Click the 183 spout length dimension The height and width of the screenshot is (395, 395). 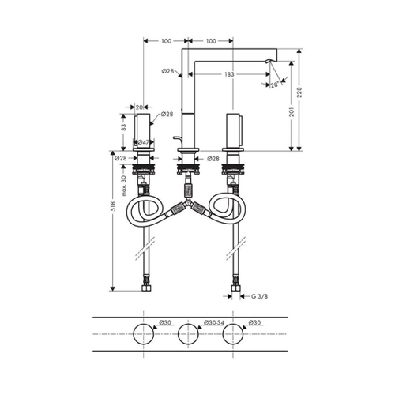[x=229, y=74]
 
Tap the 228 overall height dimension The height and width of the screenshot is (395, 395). [x=299, y=92]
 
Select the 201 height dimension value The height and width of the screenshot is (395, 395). [x=292, y=112]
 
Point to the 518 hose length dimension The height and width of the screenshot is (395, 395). [x=113, y=206]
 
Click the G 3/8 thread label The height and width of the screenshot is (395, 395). [x=259, y=296]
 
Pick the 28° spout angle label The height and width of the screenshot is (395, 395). [x=275, y=85]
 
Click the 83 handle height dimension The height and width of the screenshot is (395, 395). [x=124, y=127]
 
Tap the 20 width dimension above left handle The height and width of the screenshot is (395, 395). [x=139, y=107]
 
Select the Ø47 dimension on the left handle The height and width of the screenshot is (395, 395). [x=144, y=142]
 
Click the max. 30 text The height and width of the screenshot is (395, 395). [x=124, y=186]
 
